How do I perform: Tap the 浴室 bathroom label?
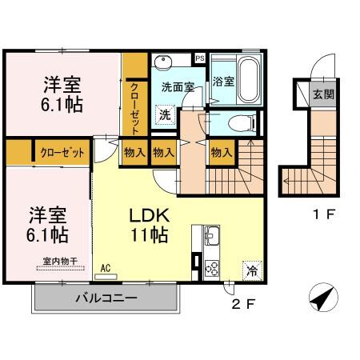pos(222,81)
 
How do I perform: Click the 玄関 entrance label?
pos(325,94)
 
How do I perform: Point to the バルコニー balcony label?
pos(106,299)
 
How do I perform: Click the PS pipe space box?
pos(200,59)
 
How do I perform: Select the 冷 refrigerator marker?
pos(252,270)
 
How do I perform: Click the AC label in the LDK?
pos(106,270)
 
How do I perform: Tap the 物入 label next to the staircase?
pos(222,151)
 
